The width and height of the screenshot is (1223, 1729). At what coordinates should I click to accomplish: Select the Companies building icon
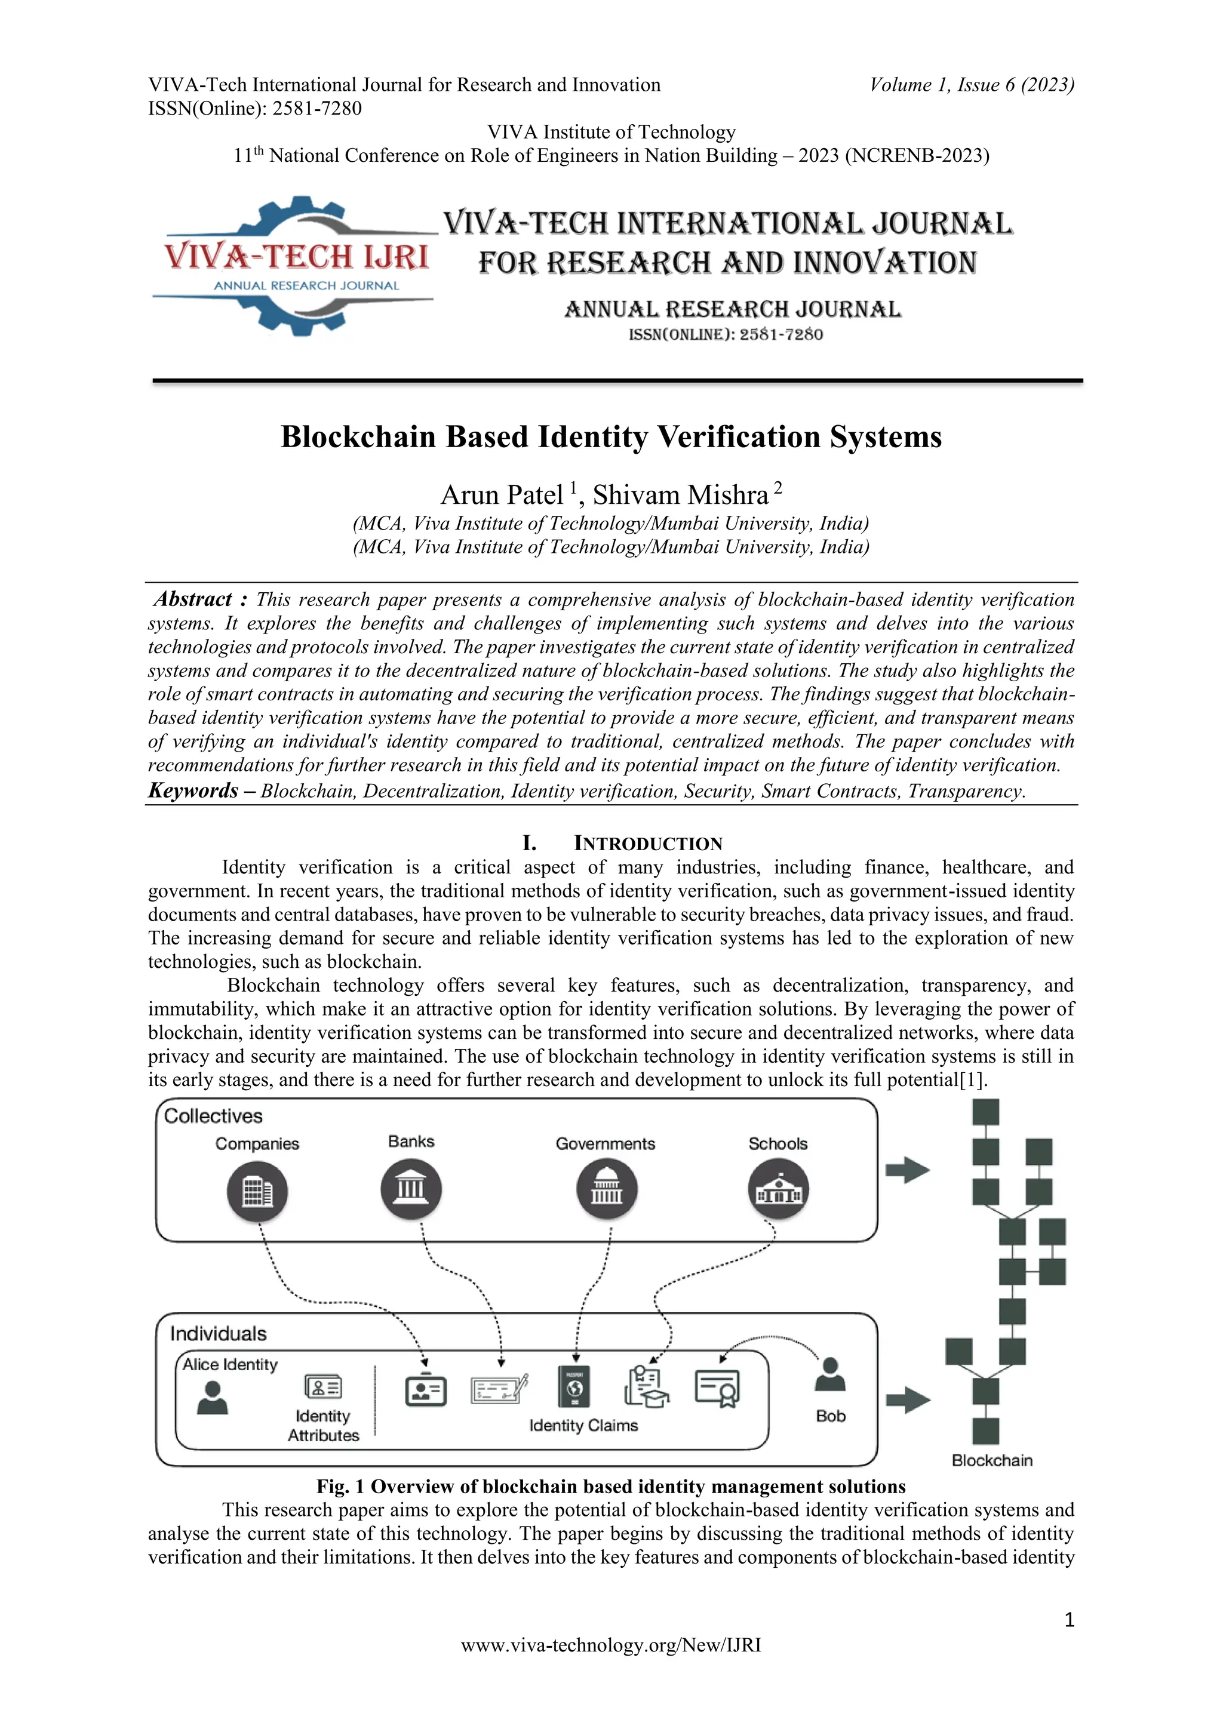click(x=257, y=1191)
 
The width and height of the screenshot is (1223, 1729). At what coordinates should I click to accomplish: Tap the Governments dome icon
click(x=606, y=1190)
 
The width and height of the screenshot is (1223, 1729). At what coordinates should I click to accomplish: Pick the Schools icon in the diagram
click(x=778, y=1190)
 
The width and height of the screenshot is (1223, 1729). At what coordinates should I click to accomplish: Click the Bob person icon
click(x=830, y=1375)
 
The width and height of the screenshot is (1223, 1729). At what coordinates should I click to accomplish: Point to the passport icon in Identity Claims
click(x=574, y=1386)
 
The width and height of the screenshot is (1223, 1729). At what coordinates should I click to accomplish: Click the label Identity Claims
click(x=583, y=1426)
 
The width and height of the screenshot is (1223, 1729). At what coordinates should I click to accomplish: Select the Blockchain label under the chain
click(x=992, y=1460)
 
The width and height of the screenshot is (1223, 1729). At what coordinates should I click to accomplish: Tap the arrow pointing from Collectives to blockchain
click(x=908, y=1170)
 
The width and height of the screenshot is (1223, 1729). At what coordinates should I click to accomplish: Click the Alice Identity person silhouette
click(x=213, y=1398)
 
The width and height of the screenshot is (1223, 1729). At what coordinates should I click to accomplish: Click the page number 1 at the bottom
click(x=1068, y=1620)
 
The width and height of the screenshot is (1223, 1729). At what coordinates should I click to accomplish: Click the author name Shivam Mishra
click(x=680, y=496)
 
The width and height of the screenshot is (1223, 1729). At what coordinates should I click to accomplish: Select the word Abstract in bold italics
click(x=193, y=599)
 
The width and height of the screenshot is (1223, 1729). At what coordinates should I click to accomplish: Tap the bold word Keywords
click(x=193, y=790)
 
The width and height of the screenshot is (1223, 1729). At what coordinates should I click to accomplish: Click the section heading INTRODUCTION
click(x=648, y=844)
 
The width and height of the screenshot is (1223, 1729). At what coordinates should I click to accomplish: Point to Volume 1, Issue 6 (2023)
click(x=972, y=84)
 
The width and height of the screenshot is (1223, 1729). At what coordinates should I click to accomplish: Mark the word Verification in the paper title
click(x=739, y=438)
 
